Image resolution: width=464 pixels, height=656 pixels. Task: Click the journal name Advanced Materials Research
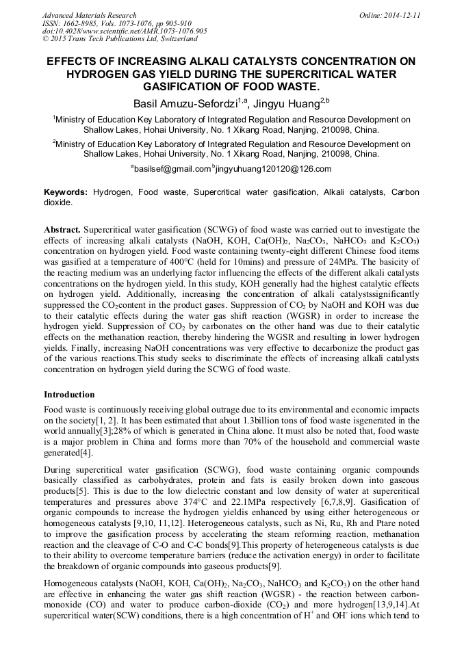pyautogui.click(x=89, y=15)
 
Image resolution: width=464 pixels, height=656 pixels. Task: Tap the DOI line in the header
pyautogui.click(x=125, y=31)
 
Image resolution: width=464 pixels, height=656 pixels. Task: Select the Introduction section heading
pyautogui.click(x=69, y=395)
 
